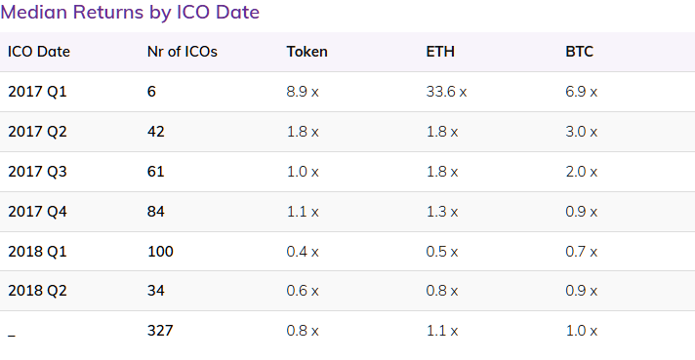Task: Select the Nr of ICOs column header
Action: pos(182,52)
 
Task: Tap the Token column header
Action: pos(307,52)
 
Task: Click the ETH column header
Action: pos(440,52)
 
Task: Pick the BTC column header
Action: pos(579,52)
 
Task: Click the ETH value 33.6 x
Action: pos(446,92)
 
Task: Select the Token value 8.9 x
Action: pos(303,92)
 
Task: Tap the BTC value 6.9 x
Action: pos(582,92)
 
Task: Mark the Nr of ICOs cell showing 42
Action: pos(155,132)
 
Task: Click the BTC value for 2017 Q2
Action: pos(582,132)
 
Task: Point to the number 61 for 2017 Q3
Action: pos(155,172)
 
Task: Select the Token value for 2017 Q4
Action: pos(303,212)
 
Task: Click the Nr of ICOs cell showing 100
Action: pos(159,252)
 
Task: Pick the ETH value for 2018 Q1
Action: pos(442,252)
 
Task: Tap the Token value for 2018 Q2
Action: pos(303,291)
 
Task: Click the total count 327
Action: pos(159,331)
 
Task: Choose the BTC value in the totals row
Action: pos(582,331)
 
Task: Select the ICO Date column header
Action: pos(39,52)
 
